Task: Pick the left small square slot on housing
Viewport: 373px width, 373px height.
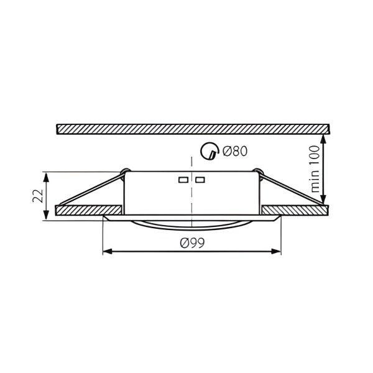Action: coord(183,180)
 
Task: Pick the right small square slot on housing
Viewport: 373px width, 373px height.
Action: coord(200,180)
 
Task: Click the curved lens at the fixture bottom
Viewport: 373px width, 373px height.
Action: coord(191,224)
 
